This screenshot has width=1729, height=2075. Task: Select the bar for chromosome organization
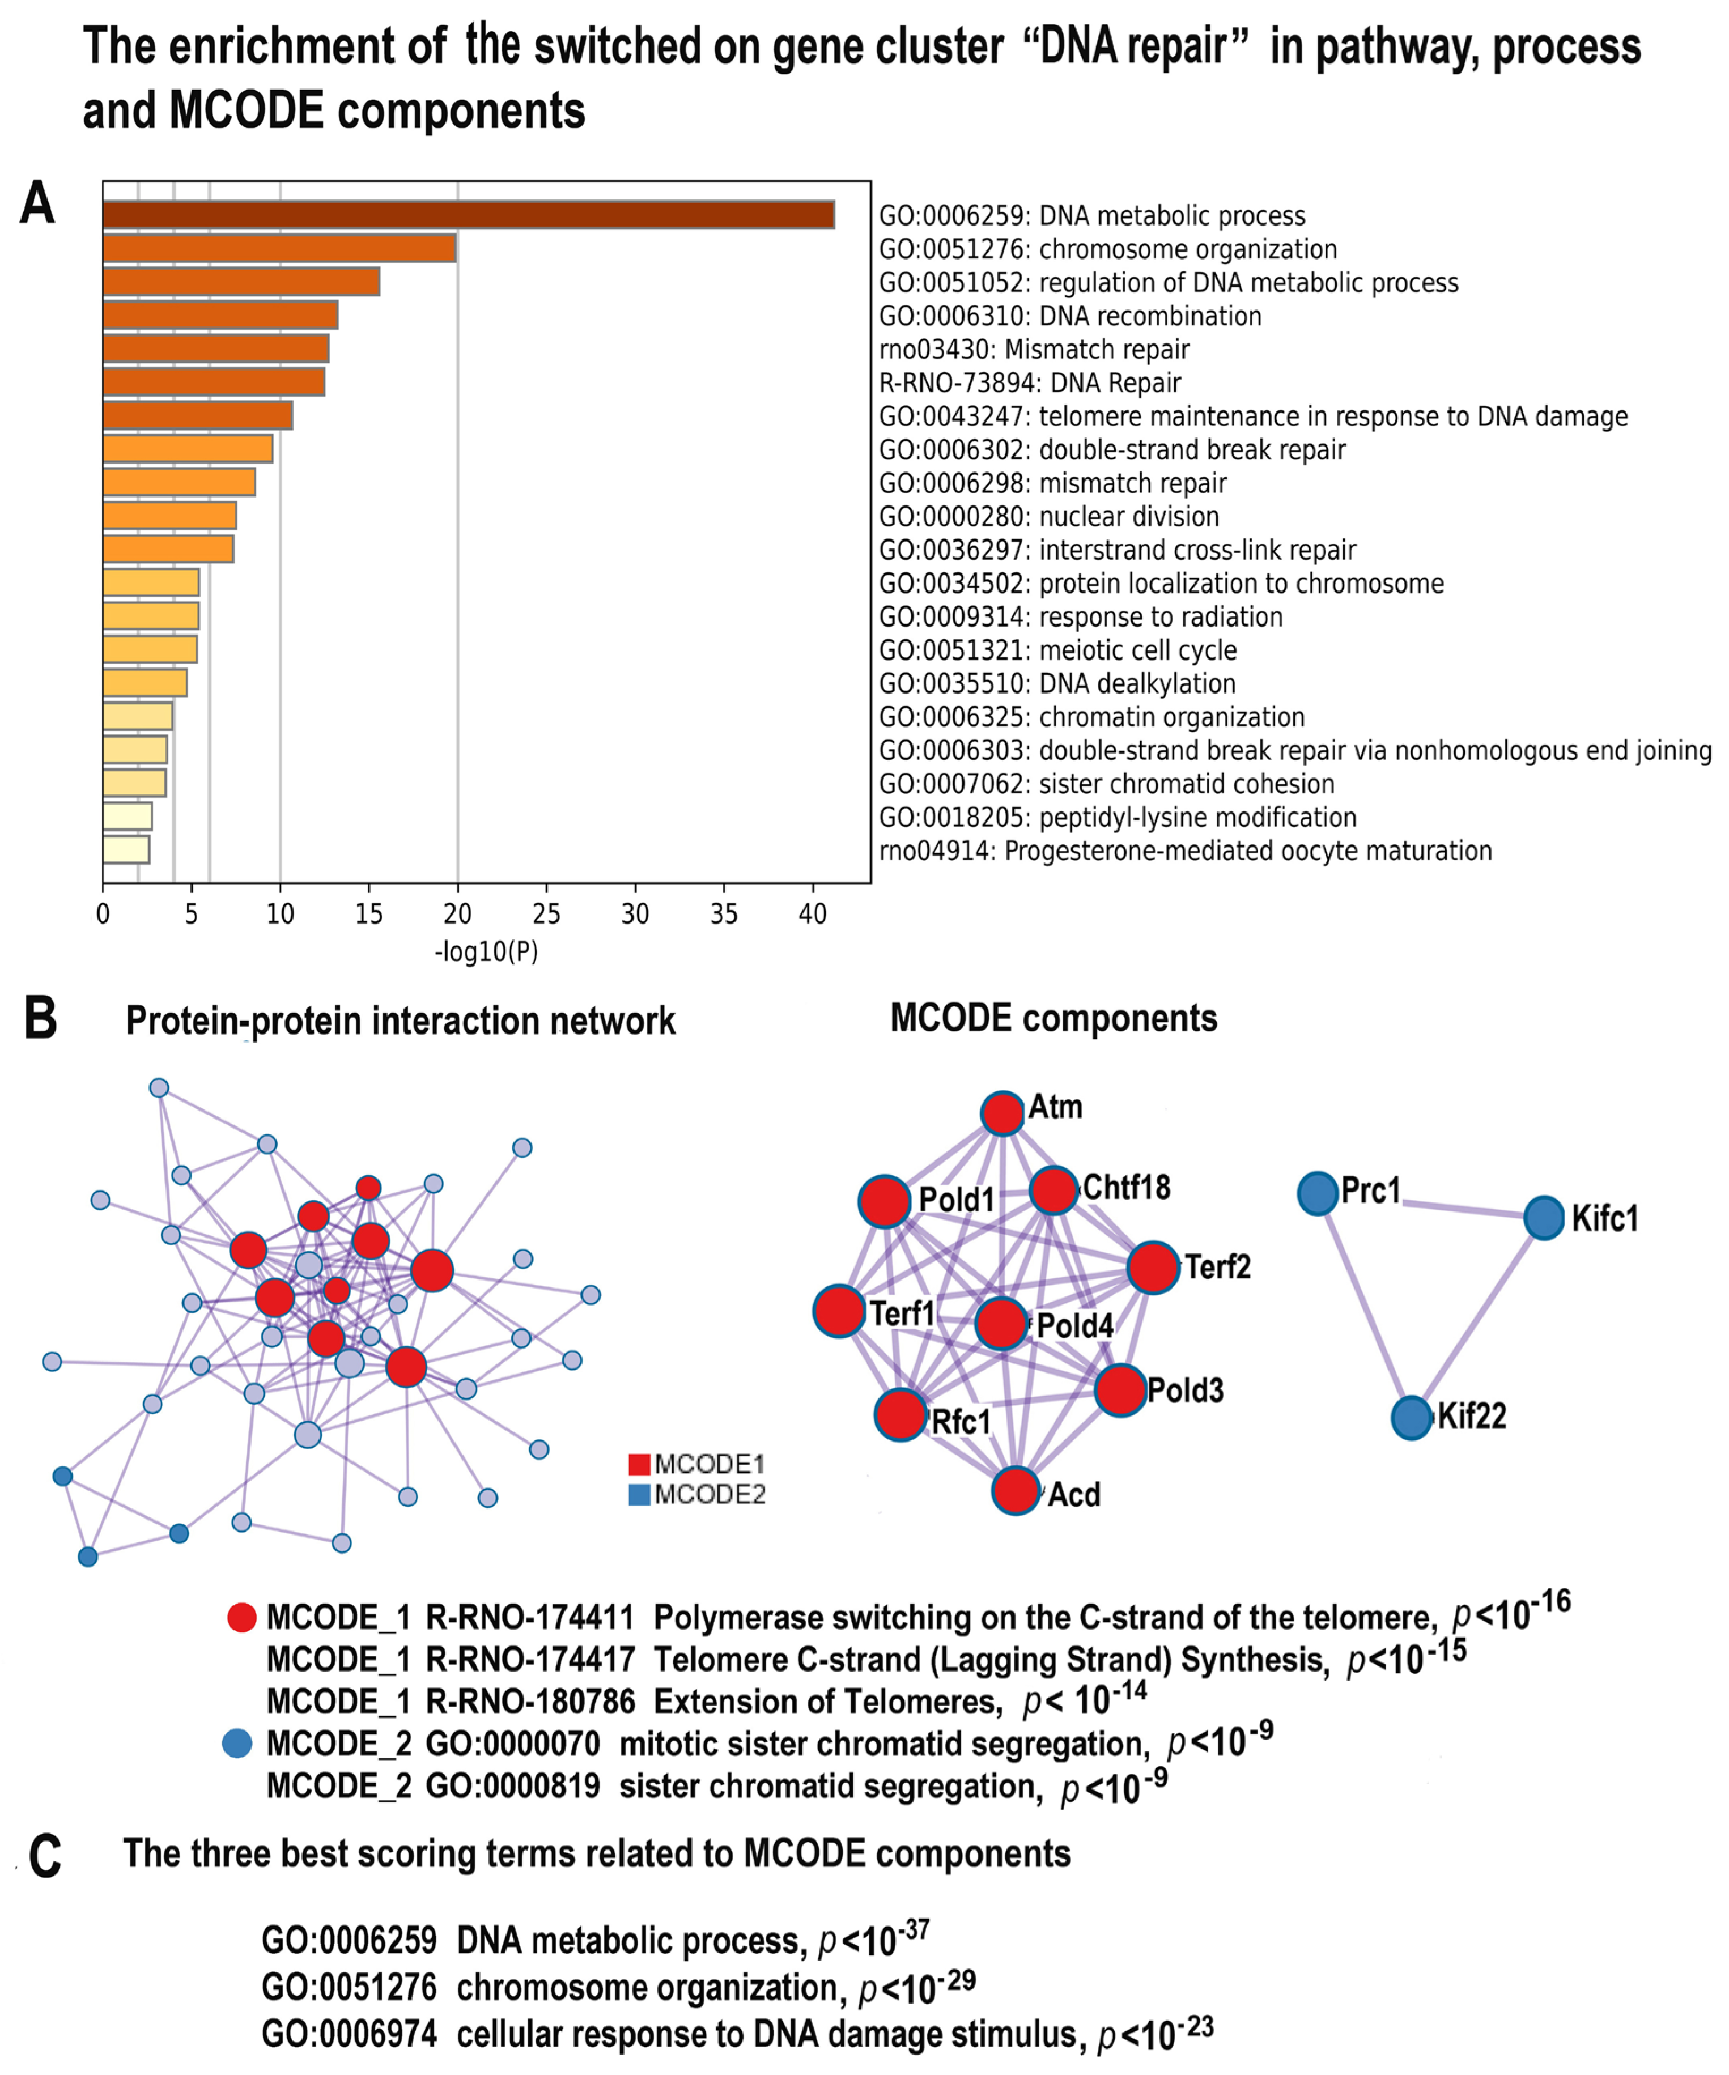click(279, 248)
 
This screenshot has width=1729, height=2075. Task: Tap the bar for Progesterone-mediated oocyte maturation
click(126, 850)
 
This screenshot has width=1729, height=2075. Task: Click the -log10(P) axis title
click(486, 951)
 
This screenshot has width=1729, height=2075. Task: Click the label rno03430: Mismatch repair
click(1034, 350)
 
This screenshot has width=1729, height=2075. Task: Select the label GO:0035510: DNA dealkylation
click(1057, 684)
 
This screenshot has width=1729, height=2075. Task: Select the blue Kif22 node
click(1412, 1418)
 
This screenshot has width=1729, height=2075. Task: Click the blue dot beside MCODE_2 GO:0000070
click(237, 1744)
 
